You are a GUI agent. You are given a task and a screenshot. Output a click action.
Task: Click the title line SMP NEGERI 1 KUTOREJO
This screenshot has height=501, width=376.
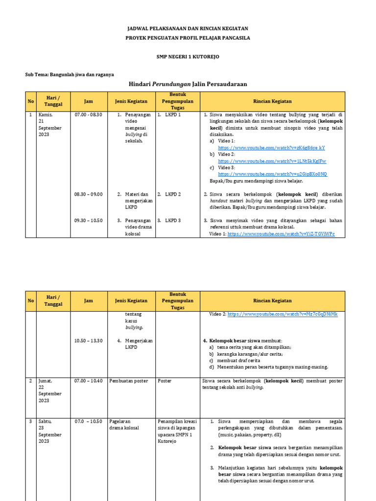coord(188,57)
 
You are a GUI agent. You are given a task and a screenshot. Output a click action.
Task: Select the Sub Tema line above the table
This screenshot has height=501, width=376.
coord(70,74)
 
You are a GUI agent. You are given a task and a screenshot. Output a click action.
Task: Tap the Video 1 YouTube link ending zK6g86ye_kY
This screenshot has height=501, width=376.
coord(271,147)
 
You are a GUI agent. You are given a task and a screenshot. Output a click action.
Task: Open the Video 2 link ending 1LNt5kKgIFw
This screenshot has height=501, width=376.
coord(272,160)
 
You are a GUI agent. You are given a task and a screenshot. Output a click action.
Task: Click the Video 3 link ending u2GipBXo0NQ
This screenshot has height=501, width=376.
coord(272,174)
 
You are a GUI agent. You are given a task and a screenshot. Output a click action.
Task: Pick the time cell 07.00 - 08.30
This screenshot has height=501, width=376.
coord(88,114)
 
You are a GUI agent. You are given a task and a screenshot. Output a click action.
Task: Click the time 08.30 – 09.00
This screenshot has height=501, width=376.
coord(88,194)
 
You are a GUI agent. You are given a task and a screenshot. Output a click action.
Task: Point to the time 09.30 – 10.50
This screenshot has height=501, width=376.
coord(88,221)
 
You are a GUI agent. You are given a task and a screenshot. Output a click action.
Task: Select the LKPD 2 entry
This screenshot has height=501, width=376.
coord(173,194)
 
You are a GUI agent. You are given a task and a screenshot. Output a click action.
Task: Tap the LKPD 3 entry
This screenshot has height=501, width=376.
coord(173,221)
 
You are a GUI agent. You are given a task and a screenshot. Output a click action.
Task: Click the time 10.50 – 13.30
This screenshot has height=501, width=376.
coord(88,341)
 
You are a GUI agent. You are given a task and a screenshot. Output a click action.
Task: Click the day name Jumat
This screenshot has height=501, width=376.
coord(45,380)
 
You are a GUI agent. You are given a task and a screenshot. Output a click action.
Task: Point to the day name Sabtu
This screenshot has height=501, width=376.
coord(45,421)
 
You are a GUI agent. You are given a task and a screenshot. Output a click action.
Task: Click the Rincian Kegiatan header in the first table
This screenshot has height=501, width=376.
coord(272,101)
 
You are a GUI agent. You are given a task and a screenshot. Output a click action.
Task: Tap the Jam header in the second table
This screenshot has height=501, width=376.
coord(88,301)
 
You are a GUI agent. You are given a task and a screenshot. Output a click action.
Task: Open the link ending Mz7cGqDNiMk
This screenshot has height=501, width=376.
coord(282,314)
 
